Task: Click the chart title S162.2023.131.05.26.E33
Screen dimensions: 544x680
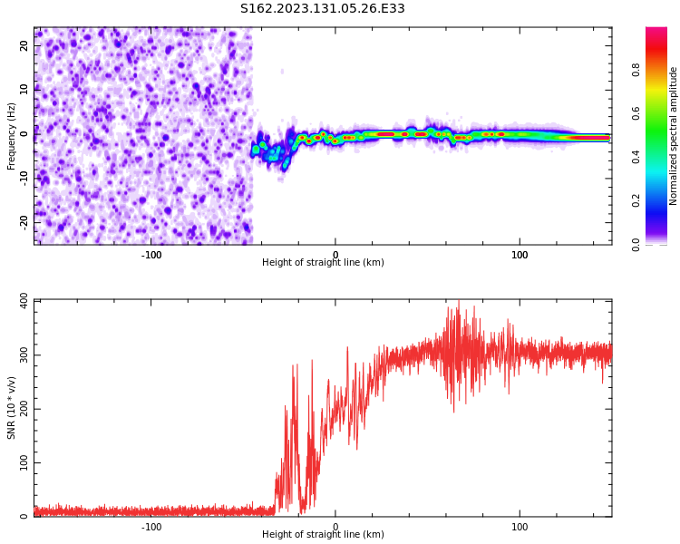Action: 322,9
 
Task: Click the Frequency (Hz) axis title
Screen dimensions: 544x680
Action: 12,136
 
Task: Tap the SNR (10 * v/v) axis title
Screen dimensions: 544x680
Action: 12,408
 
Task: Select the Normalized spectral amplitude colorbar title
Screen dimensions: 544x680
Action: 674,136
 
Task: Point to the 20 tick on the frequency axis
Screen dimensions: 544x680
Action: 24,45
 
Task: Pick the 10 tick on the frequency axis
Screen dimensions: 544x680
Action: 24,90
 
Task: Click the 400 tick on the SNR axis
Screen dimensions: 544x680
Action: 18,301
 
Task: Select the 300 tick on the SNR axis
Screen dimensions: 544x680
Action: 18,355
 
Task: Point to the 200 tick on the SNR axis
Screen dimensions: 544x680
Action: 18,409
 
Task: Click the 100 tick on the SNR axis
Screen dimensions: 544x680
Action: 18,462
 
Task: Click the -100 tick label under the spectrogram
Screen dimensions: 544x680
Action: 151,255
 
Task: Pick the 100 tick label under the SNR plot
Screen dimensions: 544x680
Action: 520,527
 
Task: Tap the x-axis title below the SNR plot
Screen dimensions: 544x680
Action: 323,535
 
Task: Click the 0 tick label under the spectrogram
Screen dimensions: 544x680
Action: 335,255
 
